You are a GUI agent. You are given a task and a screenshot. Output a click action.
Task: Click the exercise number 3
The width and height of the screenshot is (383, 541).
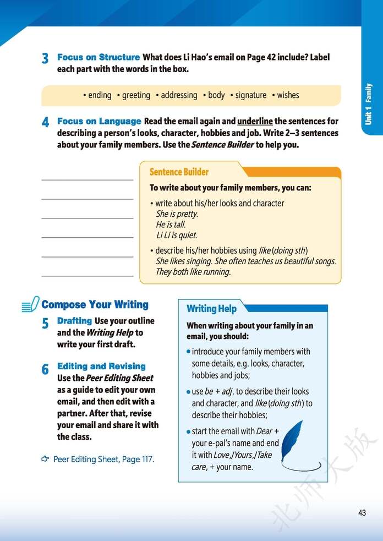point(45,58)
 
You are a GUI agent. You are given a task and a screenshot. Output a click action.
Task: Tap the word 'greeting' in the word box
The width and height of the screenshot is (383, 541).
point(136,95)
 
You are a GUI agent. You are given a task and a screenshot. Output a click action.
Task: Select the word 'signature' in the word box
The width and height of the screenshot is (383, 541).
point(250,95)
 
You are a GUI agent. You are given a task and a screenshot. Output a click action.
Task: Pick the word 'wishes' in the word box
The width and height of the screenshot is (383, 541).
point(288,95)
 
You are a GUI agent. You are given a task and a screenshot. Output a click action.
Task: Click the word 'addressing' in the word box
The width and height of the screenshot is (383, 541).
point(179,95)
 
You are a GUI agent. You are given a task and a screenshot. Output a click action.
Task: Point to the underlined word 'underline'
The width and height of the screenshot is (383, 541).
point(255,121)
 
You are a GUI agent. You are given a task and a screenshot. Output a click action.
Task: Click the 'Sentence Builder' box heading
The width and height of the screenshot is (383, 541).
point(179,172)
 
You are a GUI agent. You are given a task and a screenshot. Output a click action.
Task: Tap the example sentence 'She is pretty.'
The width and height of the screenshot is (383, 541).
point(177,214)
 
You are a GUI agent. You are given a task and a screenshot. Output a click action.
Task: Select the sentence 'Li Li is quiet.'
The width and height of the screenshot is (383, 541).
point(176,236)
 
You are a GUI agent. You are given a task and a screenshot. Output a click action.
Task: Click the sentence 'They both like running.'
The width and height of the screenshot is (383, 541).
point(193,272)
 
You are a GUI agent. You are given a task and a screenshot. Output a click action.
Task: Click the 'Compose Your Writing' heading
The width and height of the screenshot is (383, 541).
point(95,304)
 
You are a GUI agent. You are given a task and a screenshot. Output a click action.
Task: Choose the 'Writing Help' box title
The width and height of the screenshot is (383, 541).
point(211,308)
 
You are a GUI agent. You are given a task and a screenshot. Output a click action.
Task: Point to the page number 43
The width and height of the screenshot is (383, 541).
point(362,513)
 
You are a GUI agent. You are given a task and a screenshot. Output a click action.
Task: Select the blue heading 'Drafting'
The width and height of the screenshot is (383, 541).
point(74,321)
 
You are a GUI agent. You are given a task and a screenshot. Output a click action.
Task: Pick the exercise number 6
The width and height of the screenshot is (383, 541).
point(45,369)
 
